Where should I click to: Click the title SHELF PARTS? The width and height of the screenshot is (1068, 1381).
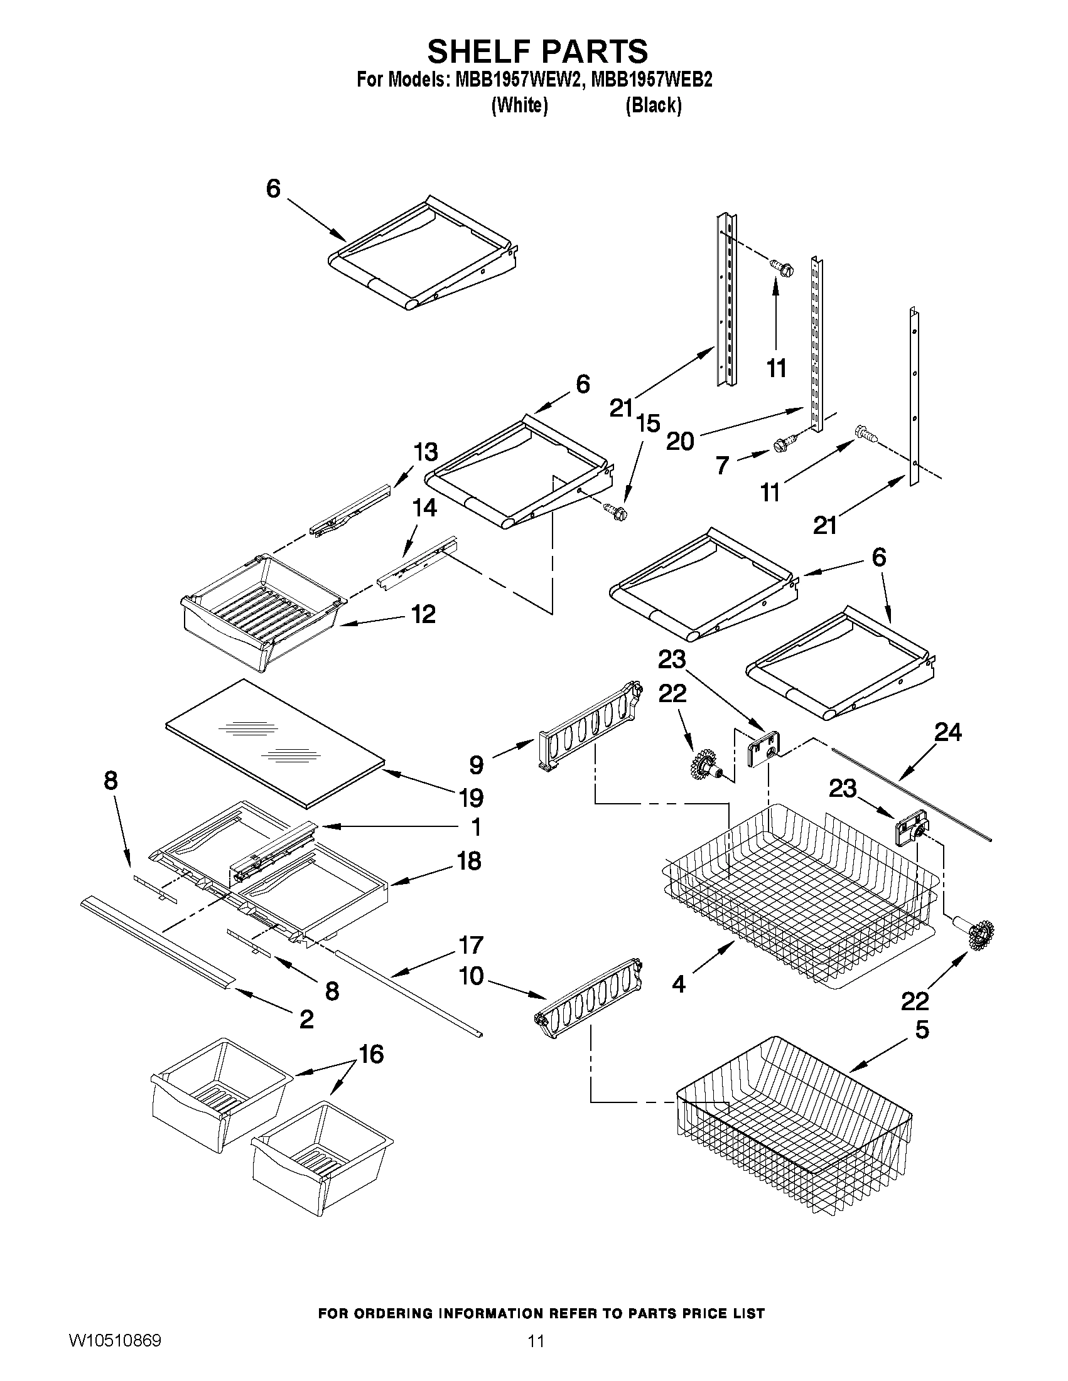537,51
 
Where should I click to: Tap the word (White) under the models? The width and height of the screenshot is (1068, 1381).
519,105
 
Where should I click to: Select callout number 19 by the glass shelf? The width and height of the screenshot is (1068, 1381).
472,797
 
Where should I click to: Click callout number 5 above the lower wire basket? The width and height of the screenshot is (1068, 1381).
922,1030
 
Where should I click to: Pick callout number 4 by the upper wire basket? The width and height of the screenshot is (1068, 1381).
679,984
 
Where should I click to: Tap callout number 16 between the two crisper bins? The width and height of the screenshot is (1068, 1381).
372,1054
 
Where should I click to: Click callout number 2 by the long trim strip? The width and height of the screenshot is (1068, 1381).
306,1019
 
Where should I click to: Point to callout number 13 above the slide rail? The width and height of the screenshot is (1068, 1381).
425,452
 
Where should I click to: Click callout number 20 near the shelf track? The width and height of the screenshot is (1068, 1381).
680,440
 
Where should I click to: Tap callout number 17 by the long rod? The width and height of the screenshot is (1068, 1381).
471,945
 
